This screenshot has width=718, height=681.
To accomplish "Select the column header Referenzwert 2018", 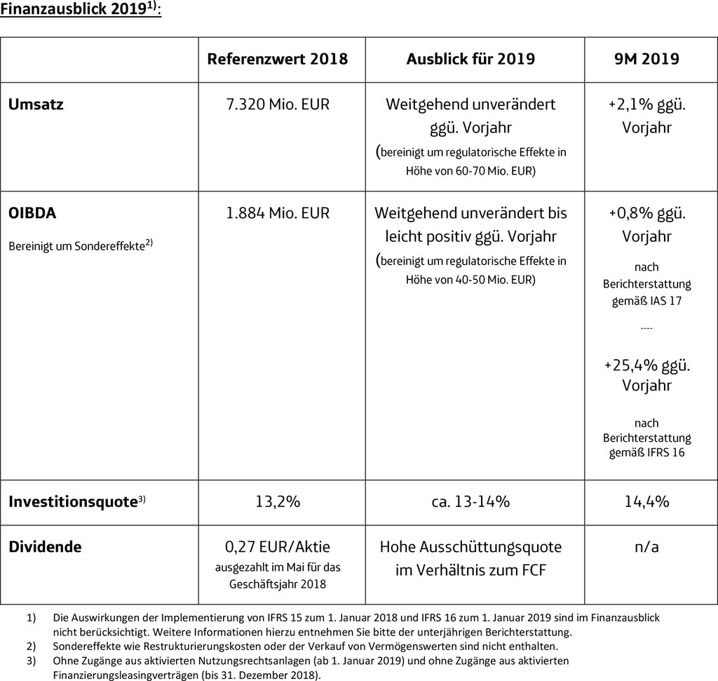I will pos(277,59).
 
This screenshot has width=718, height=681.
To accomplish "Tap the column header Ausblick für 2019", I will pos(470,59).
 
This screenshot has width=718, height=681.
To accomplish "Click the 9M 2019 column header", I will pos(646,59).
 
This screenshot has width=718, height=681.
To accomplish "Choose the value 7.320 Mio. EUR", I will pos(277,104).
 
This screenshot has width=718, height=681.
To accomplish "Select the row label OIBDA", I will pos(32,213).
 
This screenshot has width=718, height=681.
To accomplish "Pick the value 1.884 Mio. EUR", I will pos(277,213).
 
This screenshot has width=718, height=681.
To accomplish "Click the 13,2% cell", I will pos(277,501).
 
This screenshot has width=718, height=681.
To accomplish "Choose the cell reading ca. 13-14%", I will pos(470,501).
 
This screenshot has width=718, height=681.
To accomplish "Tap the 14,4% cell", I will pos(646,501).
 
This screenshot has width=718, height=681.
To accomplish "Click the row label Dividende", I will pos(45,546).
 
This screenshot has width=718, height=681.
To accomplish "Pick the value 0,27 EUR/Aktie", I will pos(277,546).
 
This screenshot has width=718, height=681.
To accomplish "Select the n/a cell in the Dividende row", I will pos(646,546).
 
